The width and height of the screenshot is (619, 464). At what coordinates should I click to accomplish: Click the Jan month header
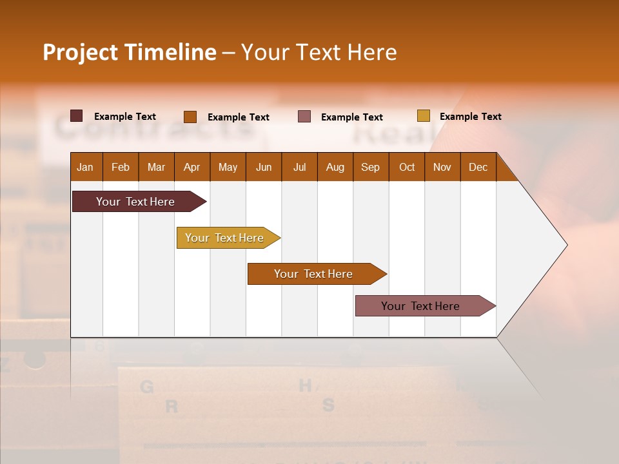click(85, 167)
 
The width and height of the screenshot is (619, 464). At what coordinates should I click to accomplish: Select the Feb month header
click(121, 167)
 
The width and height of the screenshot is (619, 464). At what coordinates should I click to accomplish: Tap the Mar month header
click(156, 167)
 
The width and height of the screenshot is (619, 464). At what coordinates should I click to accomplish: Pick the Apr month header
click(192, 167)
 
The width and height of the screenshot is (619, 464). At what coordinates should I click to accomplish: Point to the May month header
click(228, 167)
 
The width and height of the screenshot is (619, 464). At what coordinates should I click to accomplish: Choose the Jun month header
click(264, 167)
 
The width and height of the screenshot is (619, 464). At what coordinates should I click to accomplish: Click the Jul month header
click(299, 167)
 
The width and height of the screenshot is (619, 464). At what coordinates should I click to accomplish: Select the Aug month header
click(335, 167)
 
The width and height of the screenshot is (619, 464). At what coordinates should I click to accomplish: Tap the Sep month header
click(371, 167)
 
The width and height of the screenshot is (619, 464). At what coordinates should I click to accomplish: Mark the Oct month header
click(407, 167)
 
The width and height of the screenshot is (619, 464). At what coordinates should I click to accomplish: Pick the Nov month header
click(442, 167)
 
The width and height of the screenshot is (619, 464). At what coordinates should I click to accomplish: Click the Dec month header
click(478, 167)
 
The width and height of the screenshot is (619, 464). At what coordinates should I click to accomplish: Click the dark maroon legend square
click(77, 116)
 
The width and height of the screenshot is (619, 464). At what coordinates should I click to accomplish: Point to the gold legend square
click(423, 116)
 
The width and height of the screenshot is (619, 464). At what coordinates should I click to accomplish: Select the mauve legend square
click(304, 117)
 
